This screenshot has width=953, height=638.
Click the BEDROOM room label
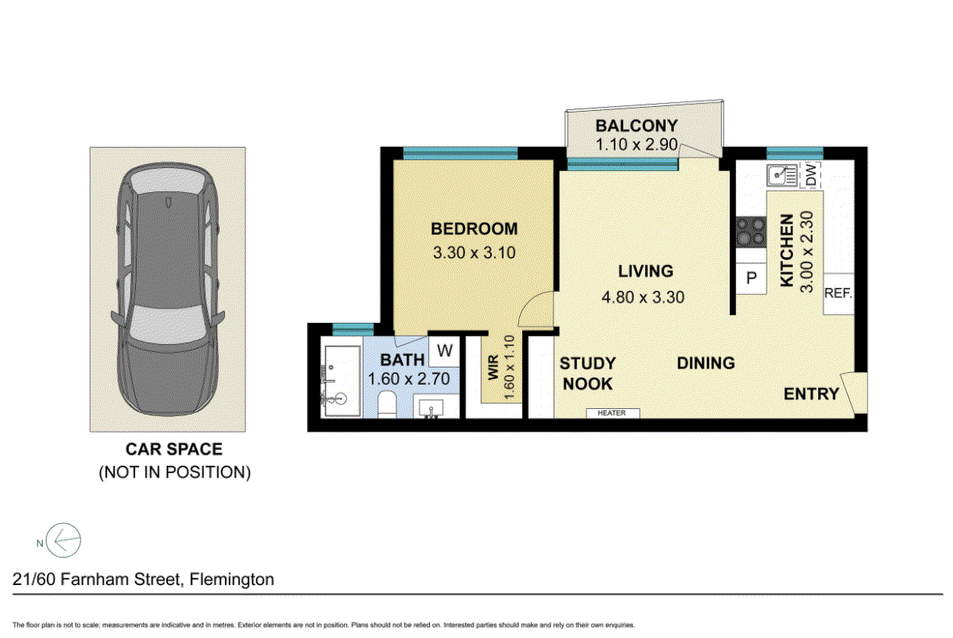coord(474,229)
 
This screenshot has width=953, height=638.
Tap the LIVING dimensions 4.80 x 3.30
coord(642,297)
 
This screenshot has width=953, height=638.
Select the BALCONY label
coord(636,126)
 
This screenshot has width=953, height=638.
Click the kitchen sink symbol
coord(782,176)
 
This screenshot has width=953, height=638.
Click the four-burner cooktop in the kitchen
coord(751,232)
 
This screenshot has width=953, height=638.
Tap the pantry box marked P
coord(751,278)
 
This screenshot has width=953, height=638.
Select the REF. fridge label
coord(838,293)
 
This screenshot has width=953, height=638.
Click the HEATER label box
coord(612,413)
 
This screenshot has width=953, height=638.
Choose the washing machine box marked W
coord(444,350)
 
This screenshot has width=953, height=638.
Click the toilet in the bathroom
coord(387,405)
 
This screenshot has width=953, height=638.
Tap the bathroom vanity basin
coord(432,407)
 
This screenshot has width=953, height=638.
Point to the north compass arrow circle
coord(63,540)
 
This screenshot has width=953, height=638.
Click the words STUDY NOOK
coord(587,374)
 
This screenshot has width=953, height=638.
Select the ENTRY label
coord(812,395)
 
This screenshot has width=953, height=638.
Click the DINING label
coord(706,363)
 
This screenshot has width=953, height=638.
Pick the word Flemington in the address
coord(231,579)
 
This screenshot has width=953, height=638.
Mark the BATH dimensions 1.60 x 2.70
coord(409,379)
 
